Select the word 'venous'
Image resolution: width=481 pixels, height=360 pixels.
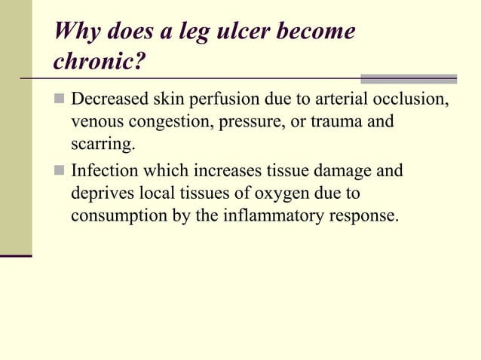coord(94,121)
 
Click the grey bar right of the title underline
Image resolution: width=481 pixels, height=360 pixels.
coord(409,78)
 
